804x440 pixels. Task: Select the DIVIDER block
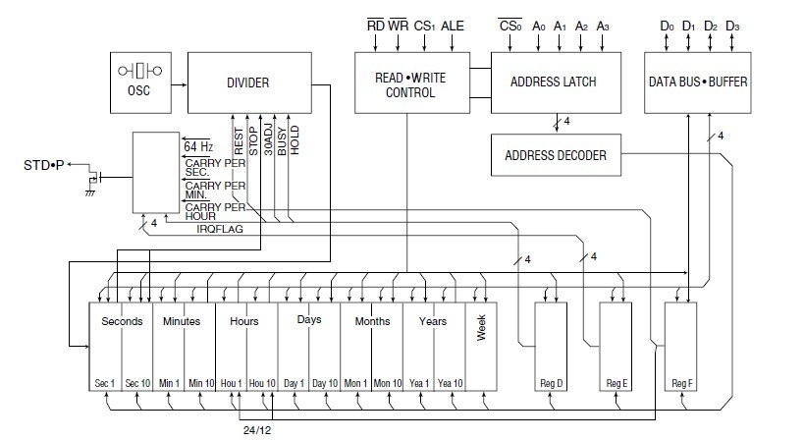tap(247, 83)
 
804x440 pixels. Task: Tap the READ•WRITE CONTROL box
tap(405, 83)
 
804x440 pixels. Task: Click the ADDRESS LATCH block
tap(555, 82)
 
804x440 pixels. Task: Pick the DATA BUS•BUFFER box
tap(697, 82)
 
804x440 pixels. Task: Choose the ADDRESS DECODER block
tap(556, 155)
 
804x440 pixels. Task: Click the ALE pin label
tap(453, 26)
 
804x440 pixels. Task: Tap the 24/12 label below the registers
tap(258, 429)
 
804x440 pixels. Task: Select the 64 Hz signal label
tap(197, 146)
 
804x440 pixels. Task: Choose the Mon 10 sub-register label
tap(387, 383)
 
